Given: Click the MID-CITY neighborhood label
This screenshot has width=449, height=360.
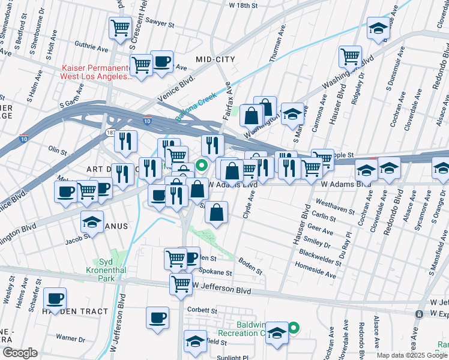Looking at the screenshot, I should [215, 59].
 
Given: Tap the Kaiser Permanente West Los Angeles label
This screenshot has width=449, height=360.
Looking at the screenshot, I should [96, 72].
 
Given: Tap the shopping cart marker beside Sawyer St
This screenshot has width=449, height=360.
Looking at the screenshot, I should [120, 28].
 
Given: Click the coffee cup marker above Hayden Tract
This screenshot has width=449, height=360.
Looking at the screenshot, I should [55, 298].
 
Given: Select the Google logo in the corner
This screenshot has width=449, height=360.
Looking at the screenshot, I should [19, 353].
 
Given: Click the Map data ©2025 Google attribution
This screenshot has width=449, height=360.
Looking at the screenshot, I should [412, 355].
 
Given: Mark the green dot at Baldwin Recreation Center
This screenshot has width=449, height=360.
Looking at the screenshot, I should [294, 328].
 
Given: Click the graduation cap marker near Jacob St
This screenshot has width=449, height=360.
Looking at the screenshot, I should [92, 223].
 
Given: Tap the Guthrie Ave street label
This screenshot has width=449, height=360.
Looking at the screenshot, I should [91, 46].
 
